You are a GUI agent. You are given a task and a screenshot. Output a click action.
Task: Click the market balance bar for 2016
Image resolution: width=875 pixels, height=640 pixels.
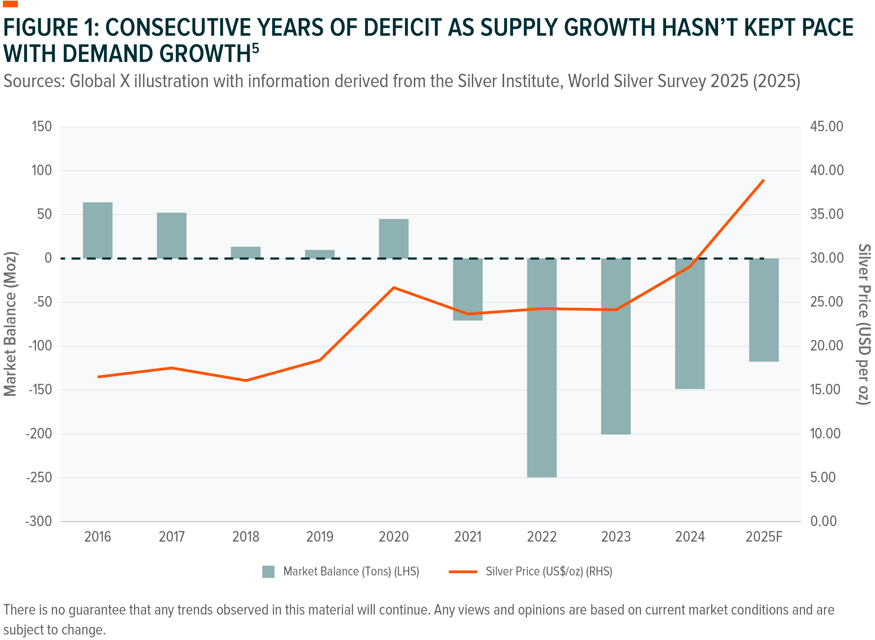pyautogui.click(x=98, y=230)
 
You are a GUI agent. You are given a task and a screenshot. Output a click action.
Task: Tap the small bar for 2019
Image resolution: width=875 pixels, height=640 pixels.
pyautogui.click(x=320, y=254)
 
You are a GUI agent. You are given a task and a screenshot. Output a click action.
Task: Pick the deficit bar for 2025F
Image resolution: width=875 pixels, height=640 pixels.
pyautogui.click(x=763, y=310)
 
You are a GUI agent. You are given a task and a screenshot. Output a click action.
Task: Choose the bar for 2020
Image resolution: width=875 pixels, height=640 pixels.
pyautogui.click(x=393, y=239)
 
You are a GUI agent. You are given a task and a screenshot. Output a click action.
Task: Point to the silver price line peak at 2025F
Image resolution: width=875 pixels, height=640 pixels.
pyautogui.click(x=763, y=180)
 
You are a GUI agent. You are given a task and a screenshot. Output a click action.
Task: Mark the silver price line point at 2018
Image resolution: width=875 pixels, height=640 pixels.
pyautogui.click(x=246, y=380)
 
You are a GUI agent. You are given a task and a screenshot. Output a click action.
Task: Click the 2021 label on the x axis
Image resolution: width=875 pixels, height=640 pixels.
pyautogui.click(x=467, y=537)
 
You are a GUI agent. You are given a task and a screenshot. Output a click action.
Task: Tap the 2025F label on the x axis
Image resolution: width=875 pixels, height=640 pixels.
pyautogui.click(x=764, y=537)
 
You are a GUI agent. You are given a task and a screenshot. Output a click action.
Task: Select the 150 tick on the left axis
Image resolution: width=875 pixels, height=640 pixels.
pyautogui.click(x=41, y=127)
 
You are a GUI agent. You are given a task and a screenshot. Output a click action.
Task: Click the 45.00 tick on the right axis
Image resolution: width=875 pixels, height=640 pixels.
pyautogui.click(x=827, y=127)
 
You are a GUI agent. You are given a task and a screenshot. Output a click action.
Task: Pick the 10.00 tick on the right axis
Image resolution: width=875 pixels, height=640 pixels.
pyautogui.click(x=825, y=433)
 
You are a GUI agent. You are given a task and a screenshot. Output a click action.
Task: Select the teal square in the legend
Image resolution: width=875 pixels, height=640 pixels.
pyautogui.click(x=268, y=572)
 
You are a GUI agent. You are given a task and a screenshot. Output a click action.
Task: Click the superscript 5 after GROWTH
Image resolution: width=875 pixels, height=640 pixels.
pyautogui.click(x=255, y=48)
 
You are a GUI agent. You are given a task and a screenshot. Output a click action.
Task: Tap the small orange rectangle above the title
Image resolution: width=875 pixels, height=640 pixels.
pyautogui.click(x=10, y=4)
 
